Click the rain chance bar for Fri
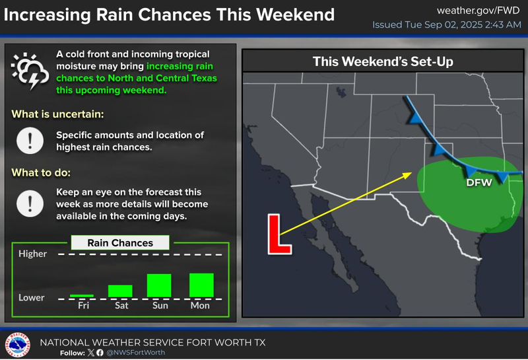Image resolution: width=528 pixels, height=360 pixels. tap(82, 295)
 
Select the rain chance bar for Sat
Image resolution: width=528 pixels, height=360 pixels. tap(120, 291)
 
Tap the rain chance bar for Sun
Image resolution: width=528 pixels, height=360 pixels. tap(159, 285)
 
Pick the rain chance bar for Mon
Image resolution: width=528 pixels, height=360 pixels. tap(201, 285)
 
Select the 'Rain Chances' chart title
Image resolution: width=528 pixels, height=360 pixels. tap(120, 243)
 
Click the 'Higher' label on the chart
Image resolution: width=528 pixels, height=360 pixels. tap(33, 254)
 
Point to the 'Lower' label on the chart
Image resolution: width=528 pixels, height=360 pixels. tap(32, 297)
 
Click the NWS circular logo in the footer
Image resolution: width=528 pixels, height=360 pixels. tap(17, 345)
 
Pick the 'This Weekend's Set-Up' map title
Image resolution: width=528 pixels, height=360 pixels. tap(387, 62)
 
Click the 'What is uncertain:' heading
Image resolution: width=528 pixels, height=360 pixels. tap(58, 114)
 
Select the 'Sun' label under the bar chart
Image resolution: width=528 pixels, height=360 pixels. tap(160, 305)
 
